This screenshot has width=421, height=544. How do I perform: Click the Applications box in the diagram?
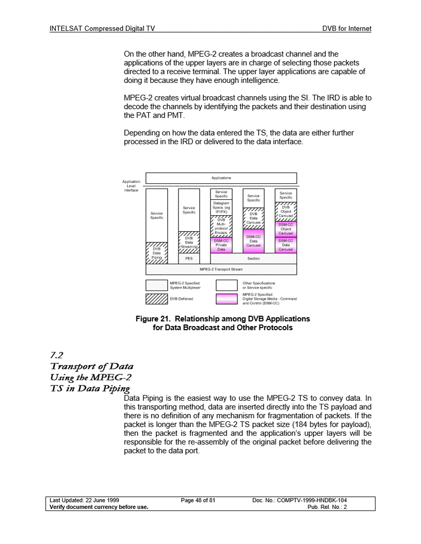click(221, 178)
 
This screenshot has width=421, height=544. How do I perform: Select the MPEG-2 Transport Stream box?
click(221, 269)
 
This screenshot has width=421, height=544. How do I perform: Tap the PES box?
click(189, 259)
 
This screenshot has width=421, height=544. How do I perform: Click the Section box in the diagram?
click(253, 259)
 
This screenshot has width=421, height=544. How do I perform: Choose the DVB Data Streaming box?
click(189, 242)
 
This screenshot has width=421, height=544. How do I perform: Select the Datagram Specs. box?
click(221, 207)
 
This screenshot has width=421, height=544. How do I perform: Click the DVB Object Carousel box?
click(285, 212)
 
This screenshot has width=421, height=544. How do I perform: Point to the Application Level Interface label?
click(131, 185)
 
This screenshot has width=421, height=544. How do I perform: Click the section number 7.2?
click(54, 354)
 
